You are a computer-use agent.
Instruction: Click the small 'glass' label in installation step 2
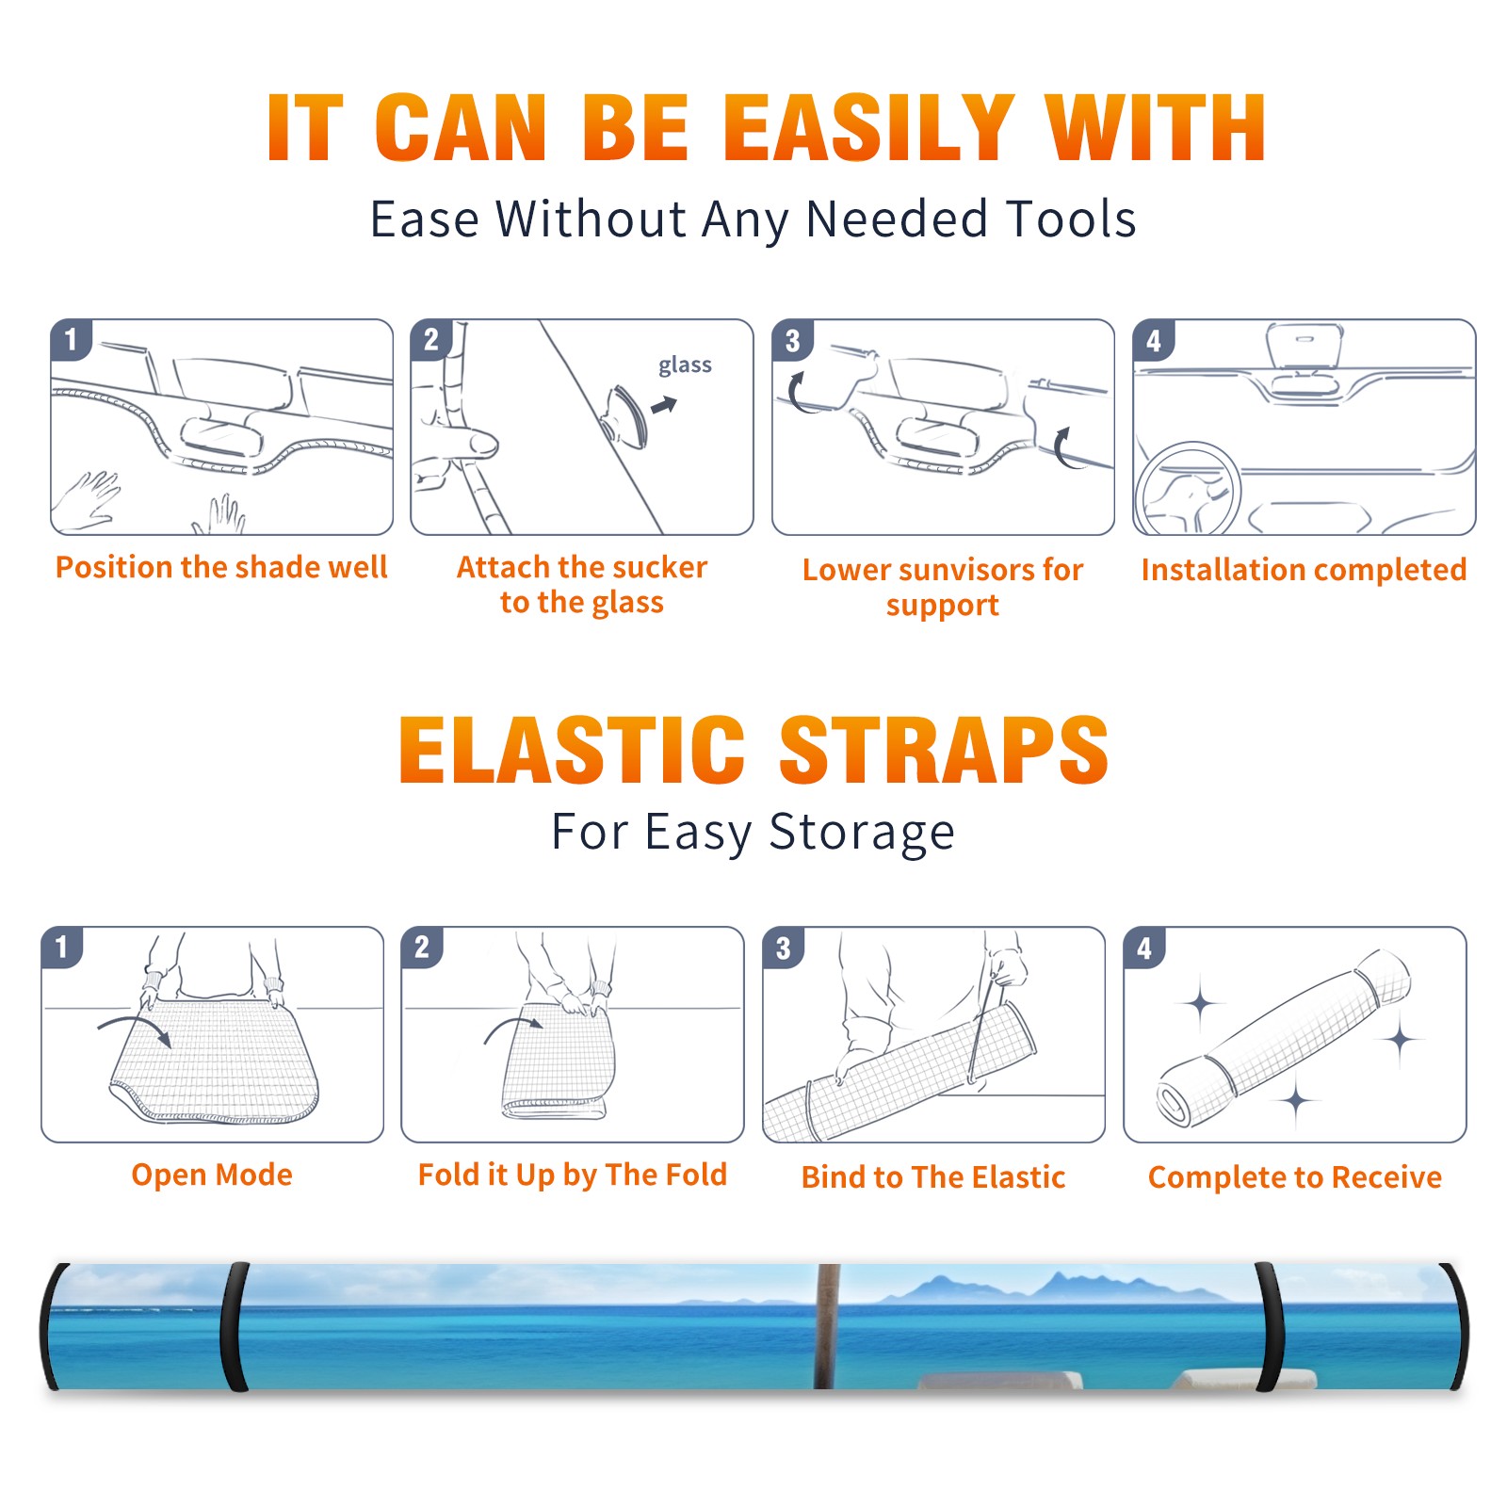pos(685,365)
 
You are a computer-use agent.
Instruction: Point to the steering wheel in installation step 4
pos(1188,490)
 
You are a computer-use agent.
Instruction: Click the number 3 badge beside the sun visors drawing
pos(792,340)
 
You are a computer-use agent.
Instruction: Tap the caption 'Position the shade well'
pos(221,567)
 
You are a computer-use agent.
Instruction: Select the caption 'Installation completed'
pos(1304,569)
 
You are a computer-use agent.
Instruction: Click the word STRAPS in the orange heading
pos(944,750)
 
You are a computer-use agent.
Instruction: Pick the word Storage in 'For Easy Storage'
pos(861,833)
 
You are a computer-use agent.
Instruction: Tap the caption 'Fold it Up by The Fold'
pos(573,1175)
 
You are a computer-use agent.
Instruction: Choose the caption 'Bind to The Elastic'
pos(933,1177)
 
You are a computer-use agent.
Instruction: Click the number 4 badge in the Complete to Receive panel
pos(1143,948)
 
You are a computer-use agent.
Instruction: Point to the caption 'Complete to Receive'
pos(1295,1177)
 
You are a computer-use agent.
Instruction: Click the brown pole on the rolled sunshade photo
pos(827,1326)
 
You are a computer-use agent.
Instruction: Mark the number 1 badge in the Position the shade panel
pos(71,339)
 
